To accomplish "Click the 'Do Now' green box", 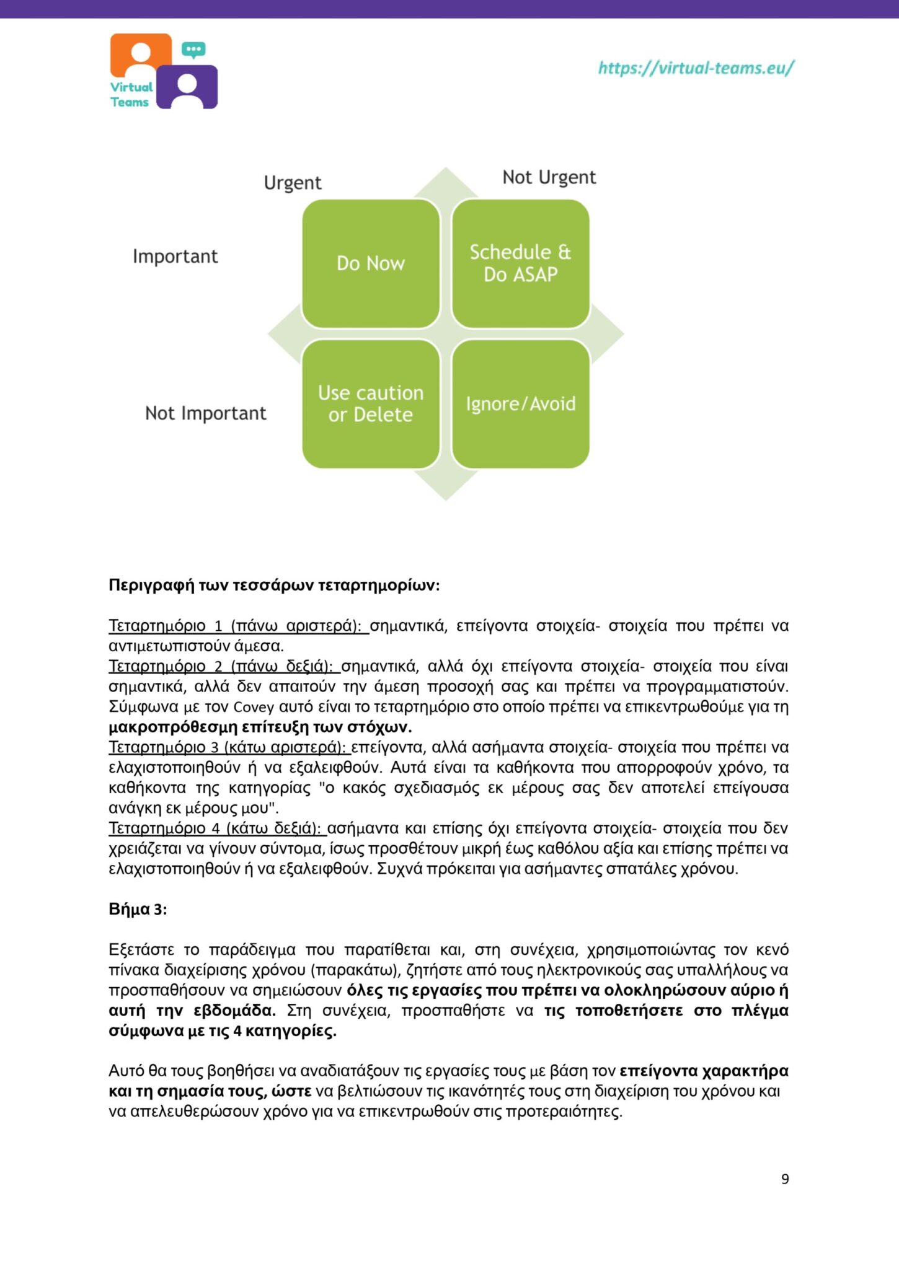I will pyautogui.click(x=371, y=263).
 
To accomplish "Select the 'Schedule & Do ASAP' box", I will pyautogui.click(x=520, y=263).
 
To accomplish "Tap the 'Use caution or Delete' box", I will pyautogui.click(x=371, y=403).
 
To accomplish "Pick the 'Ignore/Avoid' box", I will pyautogui.click(x=520, y=403).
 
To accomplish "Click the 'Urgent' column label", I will pyautogui.click(x=293, y=183).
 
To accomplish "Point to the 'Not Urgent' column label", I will pyautogui.click(x=549, y=177).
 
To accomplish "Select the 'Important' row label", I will pyautogui.click(x=175, y=257).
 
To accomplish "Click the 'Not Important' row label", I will pyautogui.click(x=205, y=413).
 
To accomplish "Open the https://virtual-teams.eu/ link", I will pyautogui.click(x=695, y=68).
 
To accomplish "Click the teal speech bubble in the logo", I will pyautogui.click(x=193, y=50).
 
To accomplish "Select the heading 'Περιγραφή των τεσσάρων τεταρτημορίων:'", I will pyautogui.click(x=274, y=586).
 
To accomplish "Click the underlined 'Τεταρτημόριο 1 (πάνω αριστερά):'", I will pyautogui.click(x=237, y=626).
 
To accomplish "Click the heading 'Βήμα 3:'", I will pyautogui.click(x=138, y=909).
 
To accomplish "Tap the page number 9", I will pyautogui.click(x=785, y=1179).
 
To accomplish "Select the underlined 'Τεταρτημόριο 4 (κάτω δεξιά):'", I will pyautogui.click(x=216, y=828).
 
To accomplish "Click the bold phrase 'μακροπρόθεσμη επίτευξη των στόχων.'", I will pyautogui.click(x=260, y=727).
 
